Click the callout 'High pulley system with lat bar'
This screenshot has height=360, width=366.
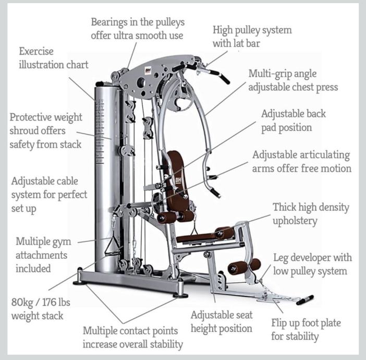pos(251,37)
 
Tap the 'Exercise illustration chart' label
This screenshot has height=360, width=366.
pos(53,58)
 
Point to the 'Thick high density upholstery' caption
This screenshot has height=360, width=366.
pos(311,214)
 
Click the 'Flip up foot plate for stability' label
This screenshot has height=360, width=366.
pos(306,329)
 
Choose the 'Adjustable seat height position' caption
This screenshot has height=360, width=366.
pos(222,321)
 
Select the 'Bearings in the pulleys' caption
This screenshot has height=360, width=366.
pos(138,29)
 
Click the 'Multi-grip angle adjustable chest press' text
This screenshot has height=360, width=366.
pos(293,80)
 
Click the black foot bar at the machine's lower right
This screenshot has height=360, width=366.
pos(304,300)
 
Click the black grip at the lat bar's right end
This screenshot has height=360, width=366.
pos(225,79)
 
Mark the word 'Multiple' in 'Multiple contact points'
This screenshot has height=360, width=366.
pos(102,331)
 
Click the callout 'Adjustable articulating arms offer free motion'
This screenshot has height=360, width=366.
pos(301,162)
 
